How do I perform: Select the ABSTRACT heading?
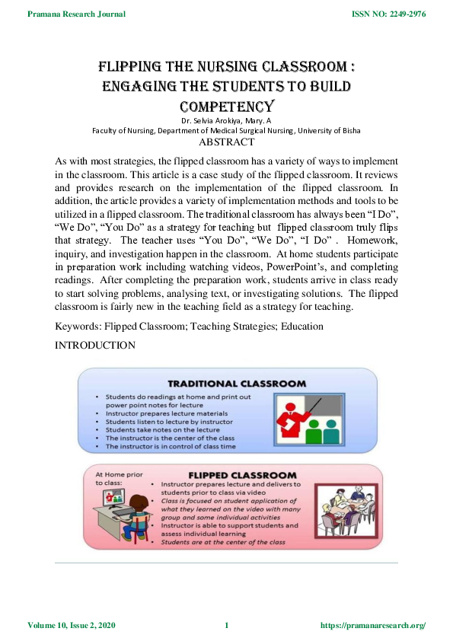[225, 142]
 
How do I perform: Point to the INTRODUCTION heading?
[95, 346]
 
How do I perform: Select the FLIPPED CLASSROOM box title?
[242, 474]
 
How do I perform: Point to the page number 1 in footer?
[226, 626]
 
